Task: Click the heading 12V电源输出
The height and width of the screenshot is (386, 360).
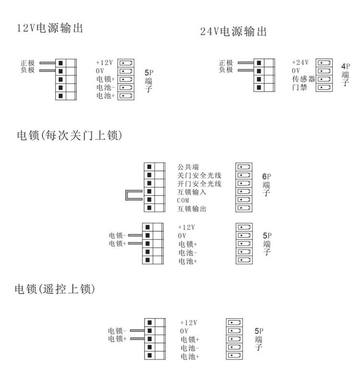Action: [50, 28]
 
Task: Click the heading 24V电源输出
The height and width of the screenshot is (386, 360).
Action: [233, 31]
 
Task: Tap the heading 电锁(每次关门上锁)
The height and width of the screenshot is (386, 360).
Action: [70, 135]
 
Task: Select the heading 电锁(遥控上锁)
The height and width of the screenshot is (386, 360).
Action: [55, 289]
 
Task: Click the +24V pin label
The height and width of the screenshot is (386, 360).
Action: [300, 62]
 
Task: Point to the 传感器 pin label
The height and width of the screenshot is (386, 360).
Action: [303, 79]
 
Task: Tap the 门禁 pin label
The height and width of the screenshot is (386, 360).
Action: [300, 87]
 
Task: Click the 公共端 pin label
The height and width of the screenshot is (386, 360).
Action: [188, 167]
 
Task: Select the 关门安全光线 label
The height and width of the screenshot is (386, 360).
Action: [199, 175]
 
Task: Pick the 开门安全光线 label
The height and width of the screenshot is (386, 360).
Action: [199, 184]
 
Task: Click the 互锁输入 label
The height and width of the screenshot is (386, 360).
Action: [192, 192]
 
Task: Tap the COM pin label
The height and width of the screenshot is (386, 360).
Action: [183, 200]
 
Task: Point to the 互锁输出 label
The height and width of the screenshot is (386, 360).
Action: [192, 209]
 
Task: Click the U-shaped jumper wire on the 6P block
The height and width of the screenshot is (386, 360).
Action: [127, 195]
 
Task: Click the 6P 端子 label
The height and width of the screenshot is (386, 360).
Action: [266, 185]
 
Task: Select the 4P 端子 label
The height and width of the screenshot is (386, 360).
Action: [346, 74]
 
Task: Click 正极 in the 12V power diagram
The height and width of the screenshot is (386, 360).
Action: [27, 63]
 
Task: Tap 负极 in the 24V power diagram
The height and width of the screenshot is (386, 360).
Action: [226, 70]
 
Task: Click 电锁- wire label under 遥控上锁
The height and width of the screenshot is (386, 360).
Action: [117, 330]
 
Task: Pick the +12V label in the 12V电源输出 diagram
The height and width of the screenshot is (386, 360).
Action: [104, 63]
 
